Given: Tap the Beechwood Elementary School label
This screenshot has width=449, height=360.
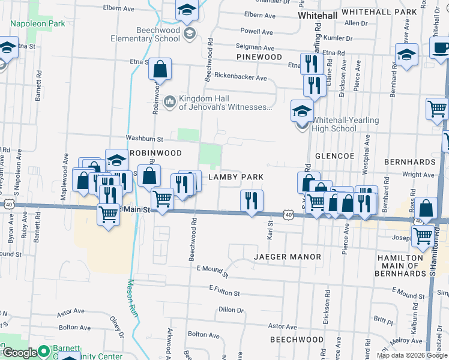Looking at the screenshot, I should pyautogui.click(x=145, y=34).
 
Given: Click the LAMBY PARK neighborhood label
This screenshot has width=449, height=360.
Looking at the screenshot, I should pyautogui.click(x=236, y=178).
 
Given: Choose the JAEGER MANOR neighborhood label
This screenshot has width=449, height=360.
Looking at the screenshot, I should pyautogui.click(x=288, y=257).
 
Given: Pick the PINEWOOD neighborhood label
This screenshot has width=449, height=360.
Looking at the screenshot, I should pyautogui.click(x=259, y=57).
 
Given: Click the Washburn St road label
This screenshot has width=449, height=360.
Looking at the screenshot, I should pyautogui.click(x=144, y=139).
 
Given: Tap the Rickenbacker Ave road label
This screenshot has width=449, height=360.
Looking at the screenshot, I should pyautogui.click(x=240, y=78).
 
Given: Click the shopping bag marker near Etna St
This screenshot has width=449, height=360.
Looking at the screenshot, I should pyautogui.click(x=160, y=70).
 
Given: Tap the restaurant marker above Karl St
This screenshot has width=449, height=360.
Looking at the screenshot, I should pyautogui.click(x=252, y=200).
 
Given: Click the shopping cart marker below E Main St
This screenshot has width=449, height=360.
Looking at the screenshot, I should pyautogui.click(x=108, y=214).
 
